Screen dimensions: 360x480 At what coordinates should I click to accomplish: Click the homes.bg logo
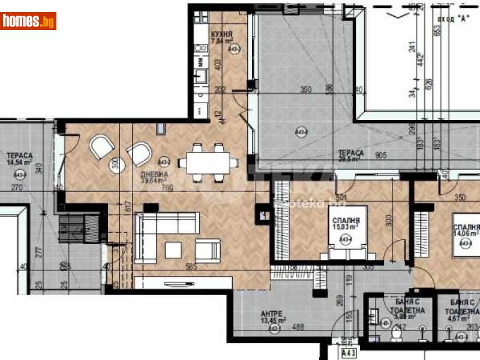(28, 21)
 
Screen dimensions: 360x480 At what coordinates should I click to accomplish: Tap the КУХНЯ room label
(221, 35)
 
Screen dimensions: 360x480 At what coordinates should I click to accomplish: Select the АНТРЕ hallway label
(271, 313)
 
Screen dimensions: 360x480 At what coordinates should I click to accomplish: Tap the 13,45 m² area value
(273, 320)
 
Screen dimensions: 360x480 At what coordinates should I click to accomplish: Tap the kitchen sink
(200, 76)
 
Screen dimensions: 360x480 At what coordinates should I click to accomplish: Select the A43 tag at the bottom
(349, 354)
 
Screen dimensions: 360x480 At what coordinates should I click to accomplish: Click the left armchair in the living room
(102, 145)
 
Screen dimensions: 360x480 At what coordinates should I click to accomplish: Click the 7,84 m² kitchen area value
(221, 42)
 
